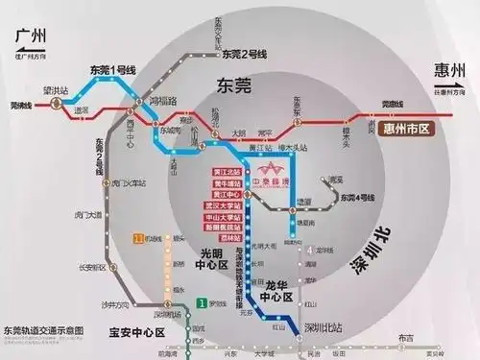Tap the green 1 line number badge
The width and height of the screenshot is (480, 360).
coord(201,303)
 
